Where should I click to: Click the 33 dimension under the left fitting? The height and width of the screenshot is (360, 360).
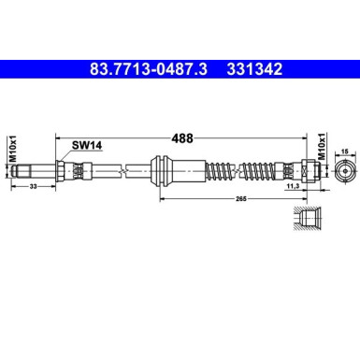pyautogui.click(x=34, y=188)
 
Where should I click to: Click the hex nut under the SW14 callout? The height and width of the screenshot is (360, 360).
pyautogui.click(x=62, y=172)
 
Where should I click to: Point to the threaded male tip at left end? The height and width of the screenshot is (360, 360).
pyautogui.click(x=34, y=172)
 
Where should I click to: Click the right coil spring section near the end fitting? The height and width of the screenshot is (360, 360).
pyautogui.click(x=270, y=172)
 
